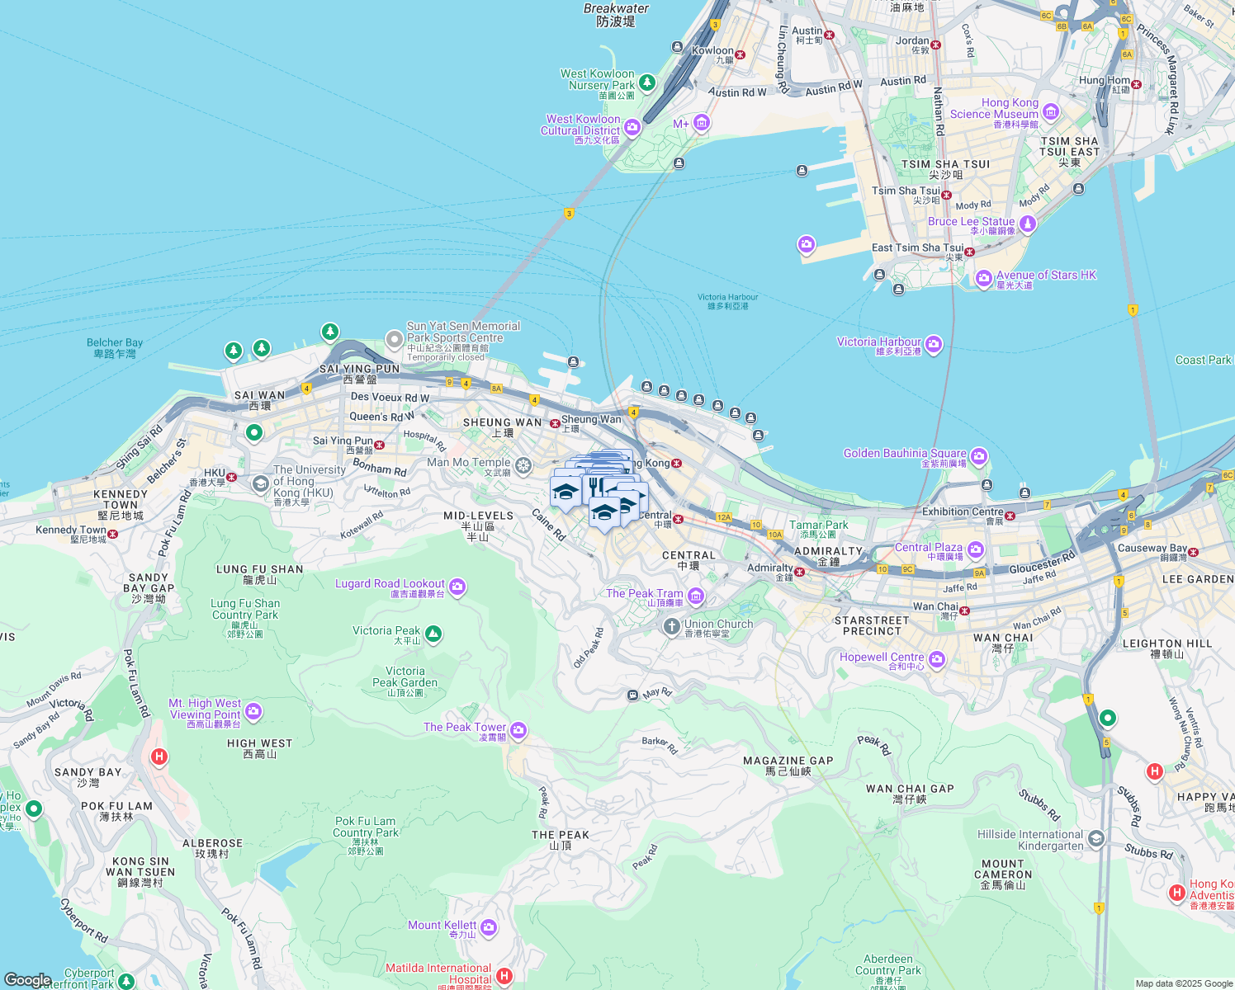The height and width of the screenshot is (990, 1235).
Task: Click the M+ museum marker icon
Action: click(x=702, y=124)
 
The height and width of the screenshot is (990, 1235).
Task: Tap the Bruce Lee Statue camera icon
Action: click(x=1027, y=224)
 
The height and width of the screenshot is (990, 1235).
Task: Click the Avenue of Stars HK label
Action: click(x=1046, y=276)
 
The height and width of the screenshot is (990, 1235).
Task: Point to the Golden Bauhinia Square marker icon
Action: click(x=978, y=456)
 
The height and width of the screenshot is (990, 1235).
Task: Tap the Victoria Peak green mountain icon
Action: click(x=433, y=634)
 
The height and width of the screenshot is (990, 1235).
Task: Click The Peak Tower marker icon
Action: click(x=518, y=730)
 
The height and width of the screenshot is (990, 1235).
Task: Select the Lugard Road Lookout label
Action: click(x=390, y=584)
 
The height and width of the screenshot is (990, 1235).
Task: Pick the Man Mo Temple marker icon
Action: click(x=523, y=465)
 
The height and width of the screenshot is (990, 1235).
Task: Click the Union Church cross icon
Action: click(x=672, y=627)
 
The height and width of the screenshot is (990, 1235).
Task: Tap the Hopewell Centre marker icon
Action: click(x=936, y=659)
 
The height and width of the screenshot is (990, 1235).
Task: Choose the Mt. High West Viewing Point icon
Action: click(x=253, y=710)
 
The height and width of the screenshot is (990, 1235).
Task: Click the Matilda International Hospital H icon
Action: click(x=504, y=976)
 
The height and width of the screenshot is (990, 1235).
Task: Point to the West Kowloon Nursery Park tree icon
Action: click(x=647, y=82)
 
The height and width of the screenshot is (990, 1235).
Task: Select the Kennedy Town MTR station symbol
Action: click(x=113, y=534)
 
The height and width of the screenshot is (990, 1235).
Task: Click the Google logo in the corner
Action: click(x=27, y=979)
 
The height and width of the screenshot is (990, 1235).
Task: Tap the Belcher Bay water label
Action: click(x=115, y=347)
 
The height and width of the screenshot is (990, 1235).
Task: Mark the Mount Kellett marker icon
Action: click(x=488, y=928)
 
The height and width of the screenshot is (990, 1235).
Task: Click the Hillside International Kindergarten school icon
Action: click(x=1095, y=839)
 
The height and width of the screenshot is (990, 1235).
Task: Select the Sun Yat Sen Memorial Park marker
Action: click(x=395, y=339)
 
